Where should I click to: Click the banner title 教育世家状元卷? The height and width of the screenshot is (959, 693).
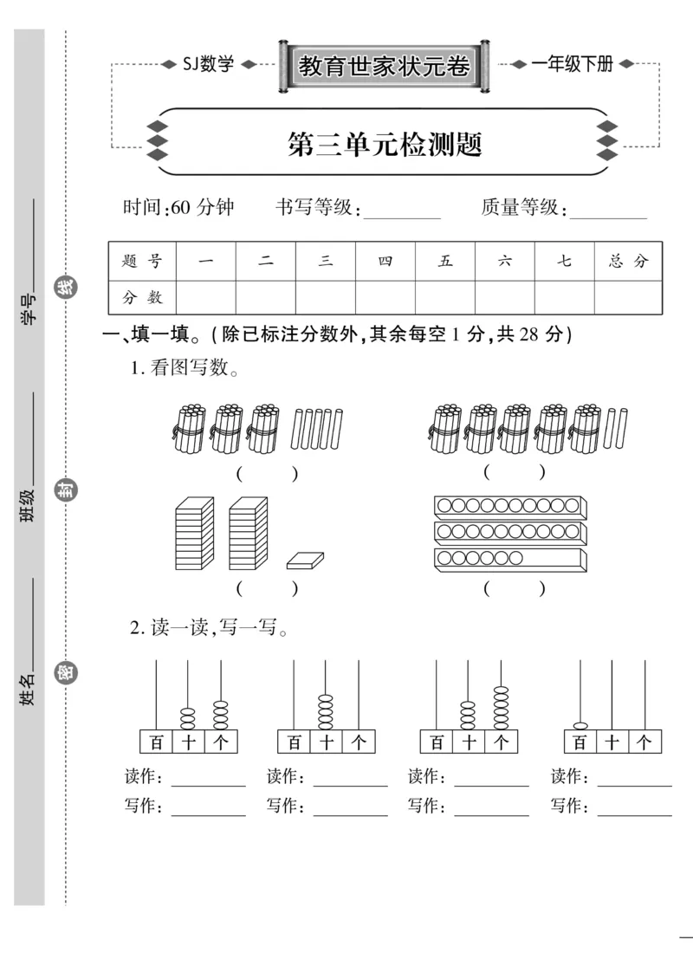(x=385, y=67)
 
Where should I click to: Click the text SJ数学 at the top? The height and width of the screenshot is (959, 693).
(x=208, y=64)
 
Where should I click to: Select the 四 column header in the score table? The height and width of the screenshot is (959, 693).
(x=385, y=261)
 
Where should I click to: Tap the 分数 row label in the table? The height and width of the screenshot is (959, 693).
(x=142, y=297)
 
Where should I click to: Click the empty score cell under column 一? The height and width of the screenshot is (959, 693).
(x=205, y=297)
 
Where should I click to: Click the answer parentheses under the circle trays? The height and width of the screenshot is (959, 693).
(x=515, y=589)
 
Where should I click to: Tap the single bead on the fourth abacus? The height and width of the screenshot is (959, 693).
(x=580, y=723)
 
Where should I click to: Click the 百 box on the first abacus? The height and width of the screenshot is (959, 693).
(x=156, y=742)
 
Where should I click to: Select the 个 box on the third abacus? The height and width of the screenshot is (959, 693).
(x=502, y=742)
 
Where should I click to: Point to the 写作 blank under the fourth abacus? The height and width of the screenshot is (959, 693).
(x=634, y=809)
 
